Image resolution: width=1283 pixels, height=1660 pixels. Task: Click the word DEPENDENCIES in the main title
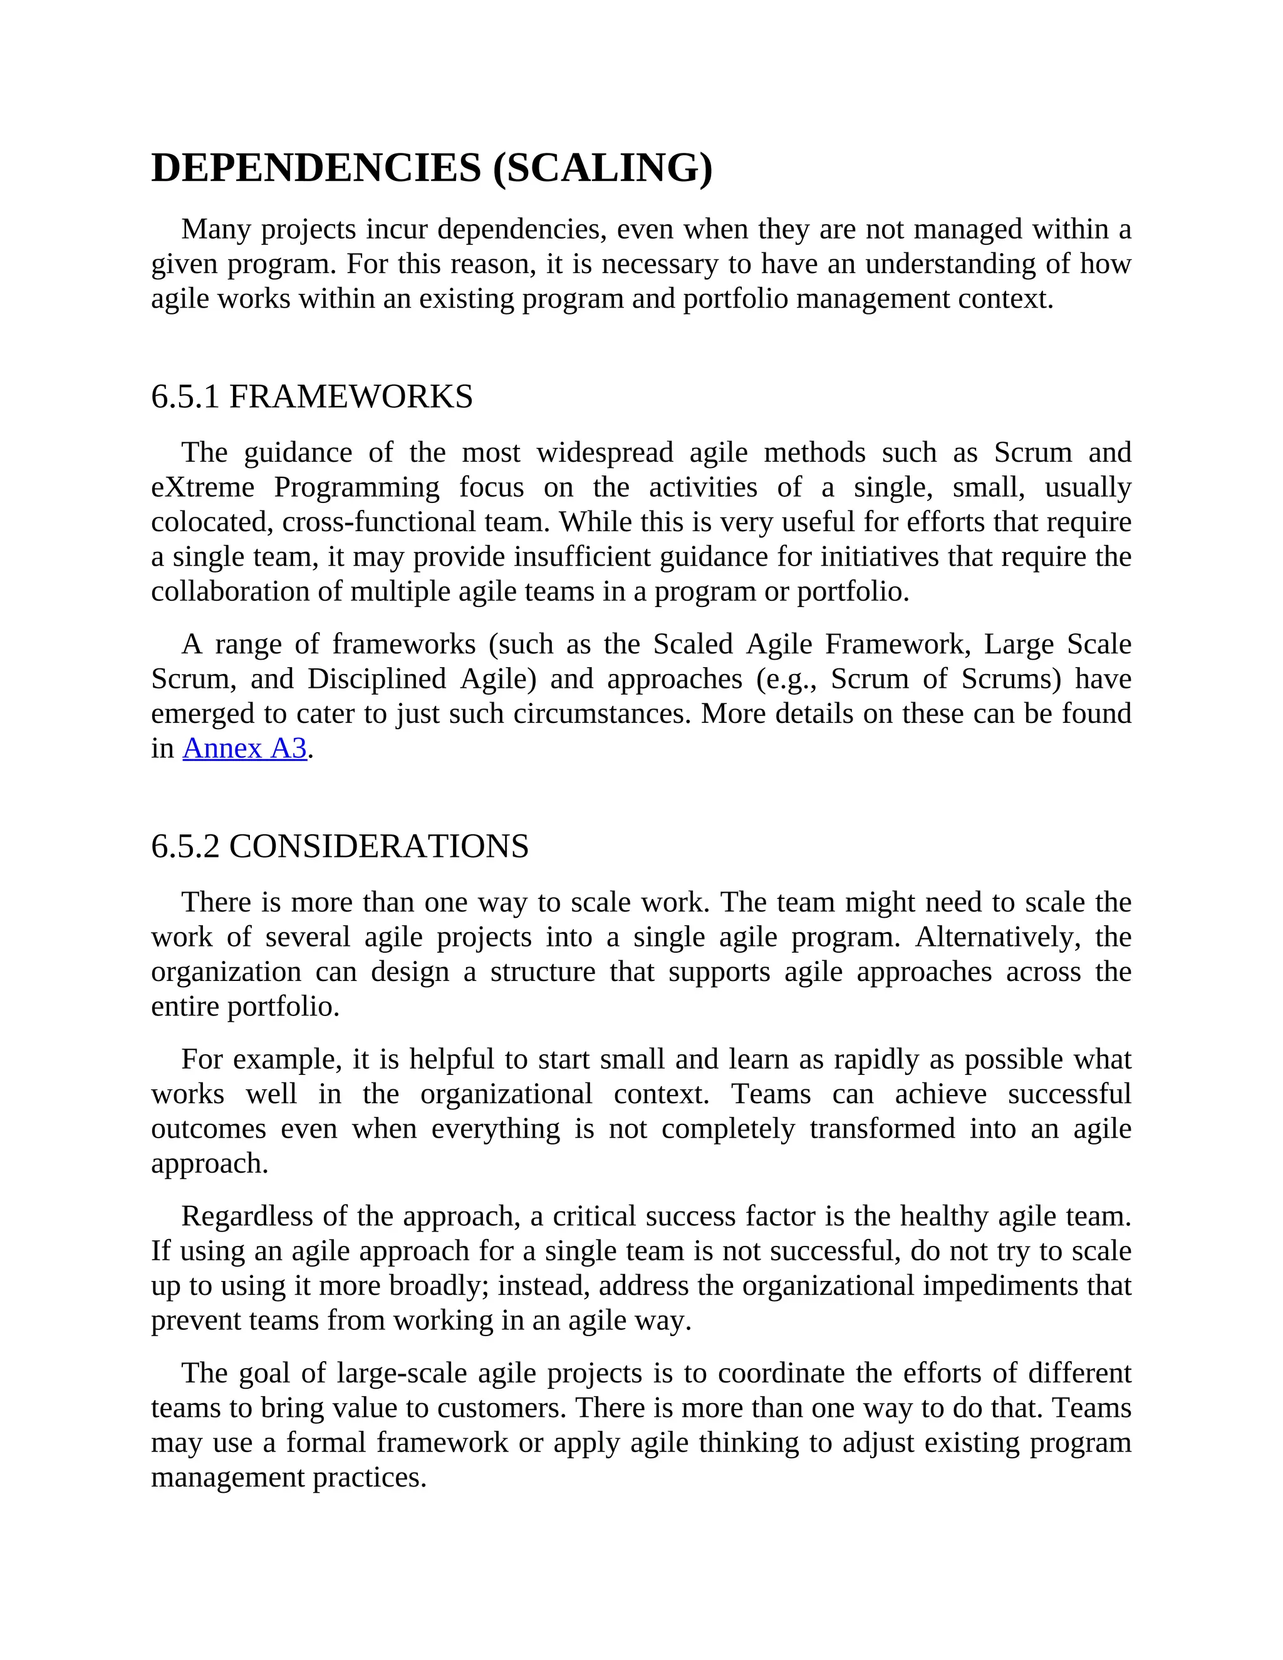pos(316,168)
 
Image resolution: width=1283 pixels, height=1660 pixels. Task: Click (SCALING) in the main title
pos(603,168)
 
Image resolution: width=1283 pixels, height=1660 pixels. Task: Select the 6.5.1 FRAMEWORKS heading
pos(311,397)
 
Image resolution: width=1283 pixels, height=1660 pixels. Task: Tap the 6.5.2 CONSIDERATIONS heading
pos(340,846)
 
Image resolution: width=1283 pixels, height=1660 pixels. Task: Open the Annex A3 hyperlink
pos(245,749)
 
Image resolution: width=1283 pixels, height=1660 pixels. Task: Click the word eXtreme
pos(203,487)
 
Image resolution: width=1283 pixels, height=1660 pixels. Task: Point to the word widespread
pos(605,452)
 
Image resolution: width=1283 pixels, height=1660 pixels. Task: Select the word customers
pos(501,1408)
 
